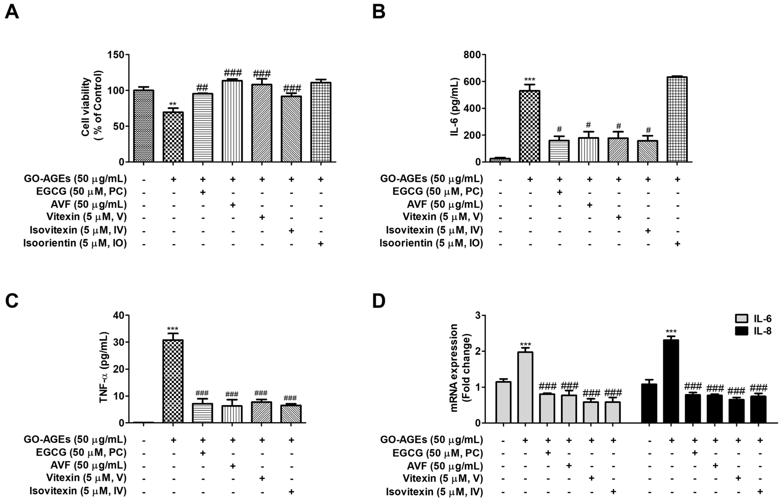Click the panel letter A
pyautogui.click(x=12, y=12)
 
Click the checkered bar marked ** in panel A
pyautogui.click(x=173, y=137)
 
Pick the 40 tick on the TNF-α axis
pyautogui.click(x=119, y=315)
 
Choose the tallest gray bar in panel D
pyautogui.click(x=525, y=387)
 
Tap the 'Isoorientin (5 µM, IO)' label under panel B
pyautogui.click(x=431, y=243)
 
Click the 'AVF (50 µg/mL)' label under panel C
pyautogui.click(x=88, y=465)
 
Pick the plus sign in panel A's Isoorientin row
pyautogui.click(x=321, y=244)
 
